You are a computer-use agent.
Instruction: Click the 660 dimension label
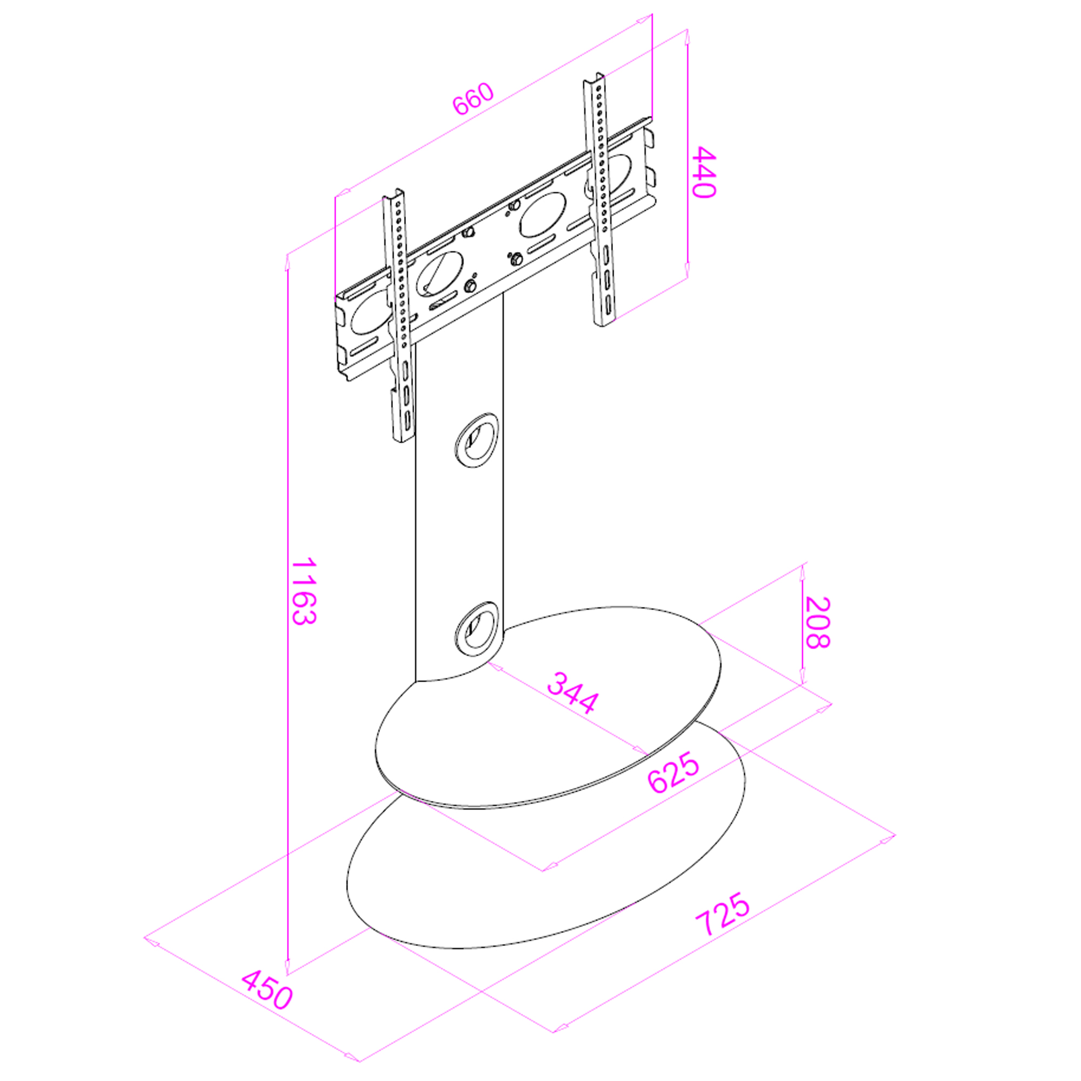[473, 99]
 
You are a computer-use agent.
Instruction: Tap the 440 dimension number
[704, 172]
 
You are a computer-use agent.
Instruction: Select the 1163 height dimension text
[304, 591]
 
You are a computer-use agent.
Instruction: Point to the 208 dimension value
[817, 623]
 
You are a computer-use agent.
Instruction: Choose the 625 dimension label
[673, 773]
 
